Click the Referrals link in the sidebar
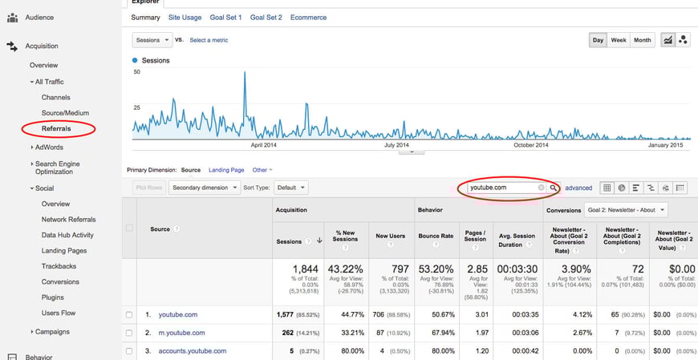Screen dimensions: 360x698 pos(56,128)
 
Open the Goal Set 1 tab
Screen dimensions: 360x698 pos(226,17)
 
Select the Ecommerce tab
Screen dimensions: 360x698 pos(308,17)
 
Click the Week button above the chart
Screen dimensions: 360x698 pos(619,40)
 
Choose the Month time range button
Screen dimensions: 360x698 pos(642,40)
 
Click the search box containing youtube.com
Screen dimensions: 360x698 pos(501,188)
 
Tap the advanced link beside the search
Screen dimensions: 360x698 pos(578,188)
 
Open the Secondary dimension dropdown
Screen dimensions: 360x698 pos(205,188)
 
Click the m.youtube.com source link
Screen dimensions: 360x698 pos(181,333)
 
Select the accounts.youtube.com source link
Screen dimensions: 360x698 pos(192,350)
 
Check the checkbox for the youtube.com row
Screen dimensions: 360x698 pos(129,315)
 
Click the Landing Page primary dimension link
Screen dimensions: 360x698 pos(226,170)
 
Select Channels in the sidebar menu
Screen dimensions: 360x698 pos(56,97)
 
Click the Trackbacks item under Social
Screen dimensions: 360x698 pos(60,266)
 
